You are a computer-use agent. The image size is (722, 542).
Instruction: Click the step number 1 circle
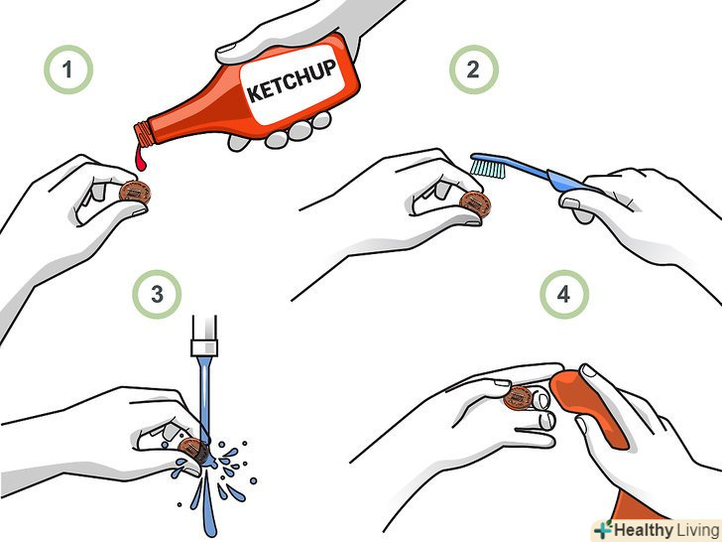[68, 69]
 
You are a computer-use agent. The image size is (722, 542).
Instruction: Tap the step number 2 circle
[474, 69]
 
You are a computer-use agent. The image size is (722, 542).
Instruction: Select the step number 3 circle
[157, 294]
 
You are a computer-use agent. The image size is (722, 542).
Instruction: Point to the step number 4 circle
[564, 294]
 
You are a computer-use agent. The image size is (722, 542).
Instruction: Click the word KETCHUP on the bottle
[292, 80]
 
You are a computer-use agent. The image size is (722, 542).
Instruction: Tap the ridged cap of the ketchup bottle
[144, 135]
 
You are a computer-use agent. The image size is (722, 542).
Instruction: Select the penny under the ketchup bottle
[135, 194]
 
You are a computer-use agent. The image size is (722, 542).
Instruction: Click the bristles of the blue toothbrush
[488, 167]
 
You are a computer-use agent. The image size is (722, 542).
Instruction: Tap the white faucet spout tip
[204, 347]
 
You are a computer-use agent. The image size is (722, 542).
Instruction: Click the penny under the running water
[193, 450]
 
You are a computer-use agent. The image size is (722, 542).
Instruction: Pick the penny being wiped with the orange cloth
[519, 398]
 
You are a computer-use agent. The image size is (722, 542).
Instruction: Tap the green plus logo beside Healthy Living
[603, 529]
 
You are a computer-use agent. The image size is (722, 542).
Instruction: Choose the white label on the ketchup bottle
[294, 83]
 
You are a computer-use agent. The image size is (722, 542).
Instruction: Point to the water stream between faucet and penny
[205, 396]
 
